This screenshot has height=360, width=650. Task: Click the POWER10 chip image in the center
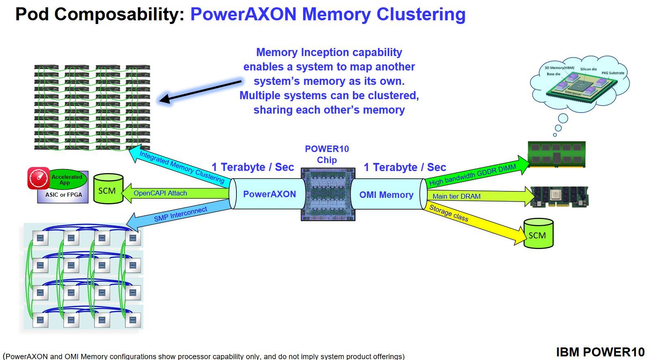point(328,194)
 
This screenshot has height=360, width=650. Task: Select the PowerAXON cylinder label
point(269,194)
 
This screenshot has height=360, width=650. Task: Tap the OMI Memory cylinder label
point(386,195)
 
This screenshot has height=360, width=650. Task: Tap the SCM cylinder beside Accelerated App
point(108,189)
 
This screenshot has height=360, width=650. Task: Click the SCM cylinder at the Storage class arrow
point(538,234)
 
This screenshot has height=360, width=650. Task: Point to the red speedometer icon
point(39,178)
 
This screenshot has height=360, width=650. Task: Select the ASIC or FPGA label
point(64,195)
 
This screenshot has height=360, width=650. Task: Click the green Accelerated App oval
point(67,179)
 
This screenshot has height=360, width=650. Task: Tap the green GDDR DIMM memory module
point(556,154)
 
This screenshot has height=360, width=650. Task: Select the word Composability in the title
point(119,14)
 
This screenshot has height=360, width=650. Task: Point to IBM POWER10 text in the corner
point(600,352)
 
